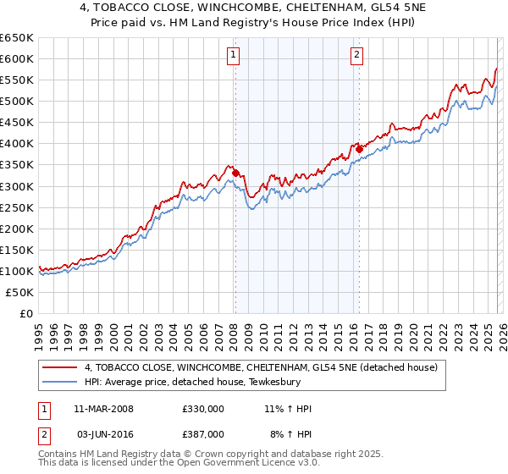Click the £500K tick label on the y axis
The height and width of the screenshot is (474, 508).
(17, 102)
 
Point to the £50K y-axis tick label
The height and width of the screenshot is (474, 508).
(20, 292)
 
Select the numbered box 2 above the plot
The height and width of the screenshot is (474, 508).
(357, 56)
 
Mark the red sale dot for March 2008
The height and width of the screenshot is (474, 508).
(235, 174)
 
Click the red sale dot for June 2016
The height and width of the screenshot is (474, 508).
(359, 149)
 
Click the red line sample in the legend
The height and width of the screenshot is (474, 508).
(60, 367)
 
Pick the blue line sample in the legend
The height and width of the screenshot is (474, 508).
(60, 382)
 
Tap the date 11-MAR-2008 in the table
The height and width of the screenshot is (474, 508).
(103, 409)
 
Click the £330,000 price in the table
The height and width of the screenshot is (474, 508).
(202, 409)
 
